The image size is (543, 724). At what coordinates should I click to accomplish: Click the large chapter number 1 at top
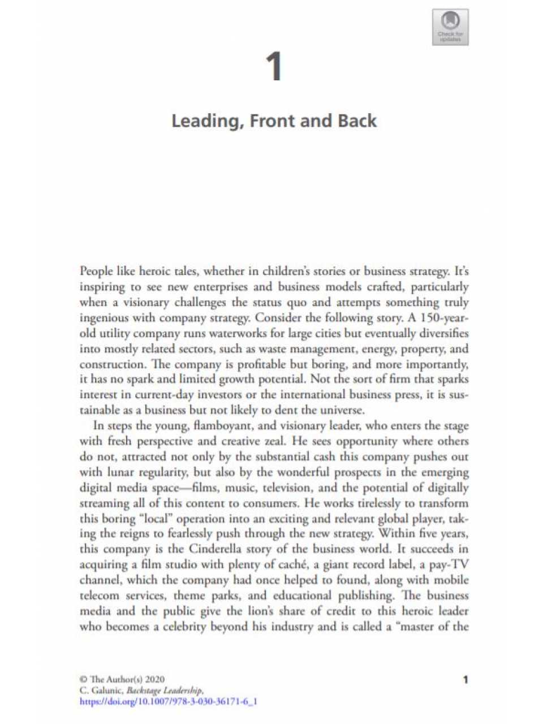[274, 67]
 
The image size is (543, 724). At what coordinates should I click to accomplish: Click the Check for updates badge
[450, 27]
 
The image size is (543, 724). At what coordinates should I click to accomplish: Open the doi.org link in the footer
[169, 702]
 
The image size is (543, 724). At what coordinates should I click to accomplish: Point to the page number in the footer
[465, 679]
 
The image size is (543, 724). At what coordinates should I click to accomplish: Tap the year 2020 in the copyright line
[155, 679]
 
